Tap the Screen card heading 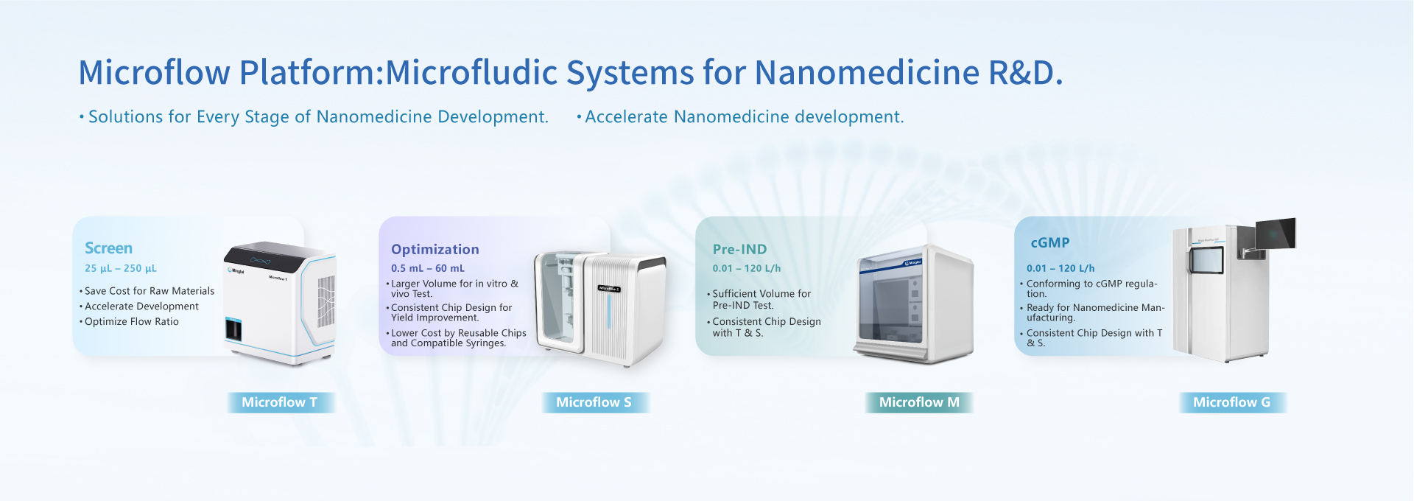109,248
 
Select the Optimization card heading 435,250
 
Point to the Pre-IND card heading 739,249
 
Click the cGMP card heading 1050,243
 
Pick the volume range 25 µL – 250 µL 121,268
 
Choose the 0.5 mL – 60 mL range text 428,268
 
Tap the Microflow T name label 280,402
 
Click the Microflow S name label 594,402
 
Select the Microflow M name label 919,402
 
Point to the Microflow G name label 1232,402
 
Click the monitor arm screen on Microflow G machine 1276,234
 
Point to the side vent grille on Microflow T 326,301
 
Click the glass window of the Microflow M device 890,301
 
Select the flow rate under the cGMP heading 1060,268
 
